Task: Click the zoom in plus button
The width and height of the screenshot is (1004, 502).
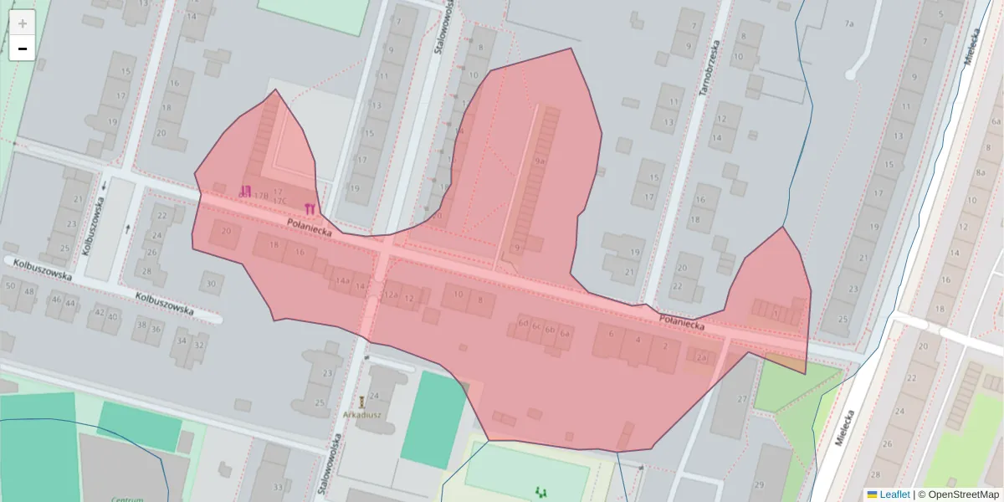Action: [22, 23]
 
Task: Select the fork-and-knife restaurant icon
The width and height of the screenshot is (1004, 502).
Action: [310, 207]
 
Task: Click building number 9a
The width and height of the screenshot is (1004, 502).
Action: [540, 161]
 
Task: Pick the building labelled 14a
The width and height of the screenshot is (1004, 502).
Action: [342, 281]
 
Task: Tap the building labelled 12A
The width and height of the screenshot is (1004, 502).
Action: [390, 295]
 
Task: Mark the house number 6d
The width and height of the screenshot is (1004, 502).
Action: [523, 321]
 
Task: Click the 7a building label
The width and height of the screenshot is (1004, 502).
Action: [849, 23]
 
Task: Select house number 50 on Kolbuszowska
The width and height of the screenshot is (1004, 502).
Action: [11, 285]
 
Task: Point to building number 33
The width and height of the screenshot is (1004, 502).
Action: [278, 488]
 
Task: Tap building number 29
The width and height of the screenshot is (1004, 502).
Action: [759, 484]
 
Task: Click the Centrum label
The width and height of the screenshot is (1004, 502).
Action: [127, 499]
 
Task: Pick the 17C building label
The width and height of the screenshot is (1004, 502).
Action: [279, 201]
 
